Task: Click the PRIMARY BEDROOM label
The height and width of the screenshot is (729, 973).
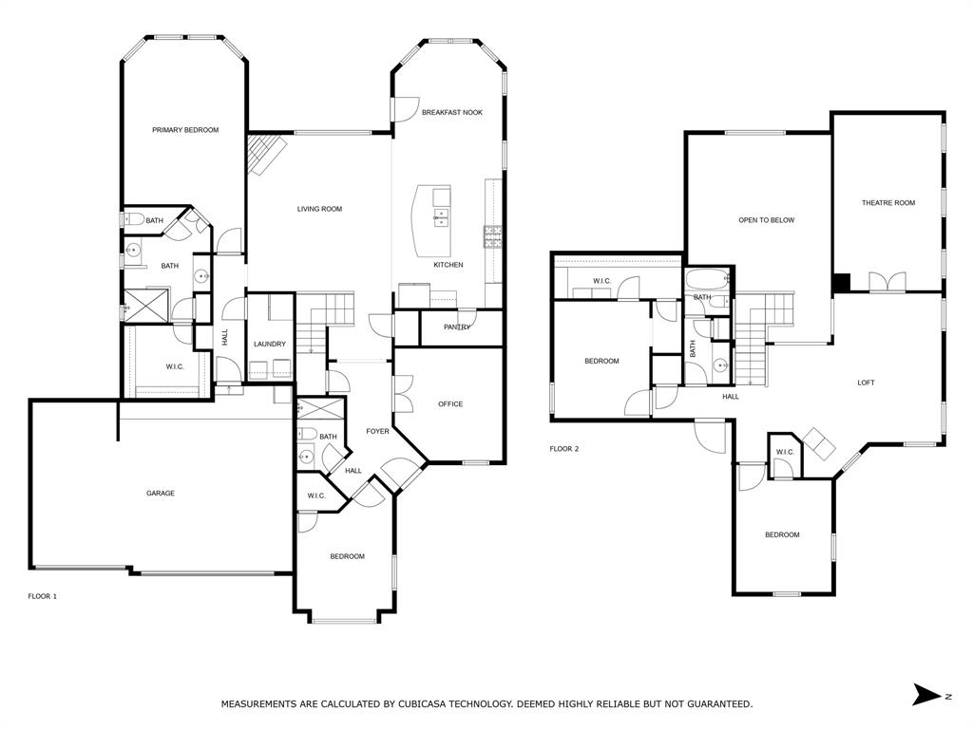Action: [185, 130]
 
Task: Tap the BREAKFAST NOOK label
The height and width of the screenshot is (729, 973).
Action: [451, 112]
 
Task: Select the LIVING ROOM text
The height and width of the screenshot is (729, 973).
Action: [319, 209]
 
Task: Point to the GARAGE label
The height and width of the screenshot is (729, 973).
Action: [160, 493]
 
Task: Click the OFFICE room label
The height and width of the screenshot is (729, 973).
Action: [450, 403]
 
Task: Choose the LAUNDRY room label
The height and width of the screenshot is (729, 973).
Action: [270, 344]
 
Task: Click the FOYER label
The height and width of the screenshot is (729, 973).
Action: [377, 431]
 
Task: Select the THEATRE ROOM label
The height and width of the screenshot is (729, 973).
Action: [888, 202]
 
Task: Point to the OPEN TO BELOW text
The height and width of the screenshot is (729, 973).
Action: [766, 220]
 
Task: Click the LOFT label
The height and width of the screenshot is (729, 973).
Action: [866, 383]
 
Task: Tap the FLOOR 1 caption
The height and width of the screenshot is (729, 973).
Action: [43, 596]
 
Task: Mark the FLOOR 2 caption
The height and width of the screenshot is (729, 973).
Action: [563, 449]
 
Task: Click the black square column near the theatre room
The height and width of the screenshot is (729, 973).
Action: [841, 283]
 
